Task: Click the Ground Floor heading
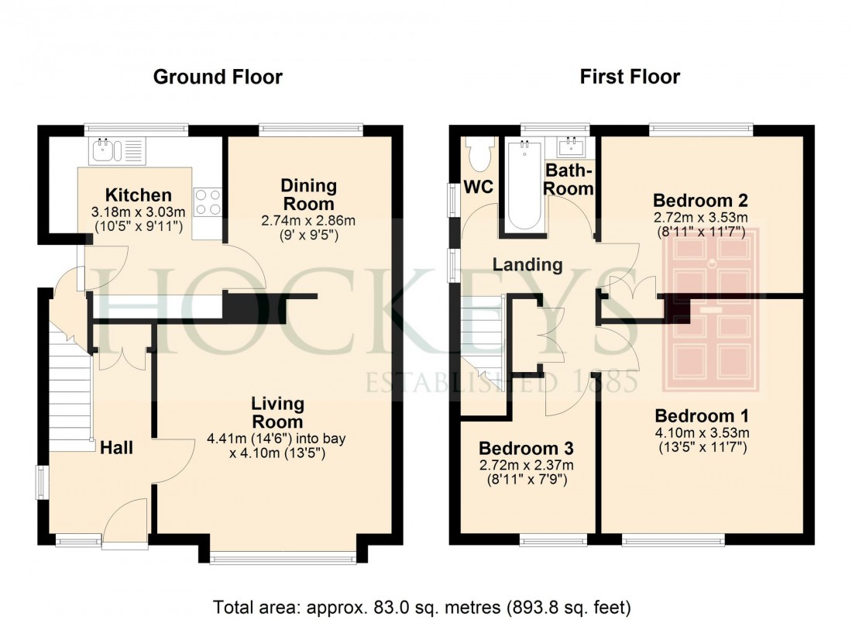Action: [218, 77]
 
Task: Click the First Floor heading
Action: [630, 77]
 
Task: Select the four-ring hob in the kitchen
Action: [208, 203]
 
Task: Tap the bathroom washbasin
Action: [572, 146]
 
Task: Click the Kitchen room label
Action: [139, 195]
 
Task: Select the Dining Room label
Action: [308, 195]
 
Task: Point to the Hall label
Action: [116, 447]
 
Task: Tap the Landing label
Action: [527, 264]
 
